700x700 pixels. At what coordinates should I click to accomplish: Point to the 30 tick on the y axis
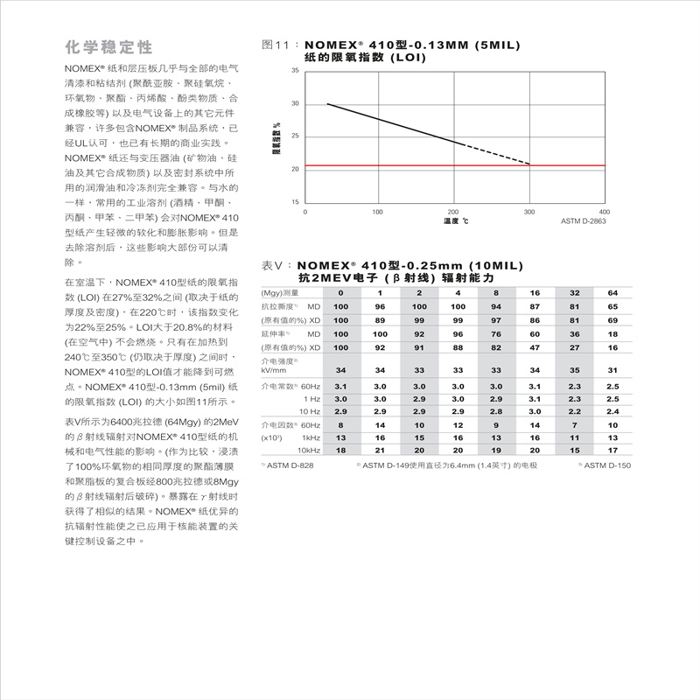pyautogui.click(x=296, y=103)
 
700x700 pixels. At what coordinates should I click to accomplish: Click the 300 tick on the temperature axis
pyautogui.click(x=528, y=212)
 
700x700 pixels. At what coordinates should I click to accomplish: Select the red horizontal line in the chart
pyautogui.click(x=455, y=165)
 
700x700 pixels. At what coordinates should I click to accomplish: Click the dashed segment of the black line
pyautogui.click(x=494, y=153)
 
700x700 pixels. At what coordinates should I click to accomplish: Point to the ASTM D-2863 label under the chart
pyautogui.click(x=583, y=221)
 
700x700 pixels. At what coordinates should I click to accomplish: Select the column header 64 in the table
pyautogui.click(x=612, y=292)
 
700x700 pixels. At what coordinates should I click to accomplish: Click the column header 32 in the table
pyautogui.click(x=574, y=292)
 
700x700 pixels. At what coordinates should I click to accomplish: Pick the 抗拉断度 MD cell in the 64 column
pyautogui.click(x=612, y=306)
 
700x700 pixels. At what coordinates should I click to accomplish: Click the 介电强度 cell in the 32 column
pyautogui.click(x=574, y=370)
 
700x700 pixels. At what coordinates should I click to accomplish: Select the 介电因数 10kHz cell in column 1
pyautogui.click(x=380, y=450)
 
